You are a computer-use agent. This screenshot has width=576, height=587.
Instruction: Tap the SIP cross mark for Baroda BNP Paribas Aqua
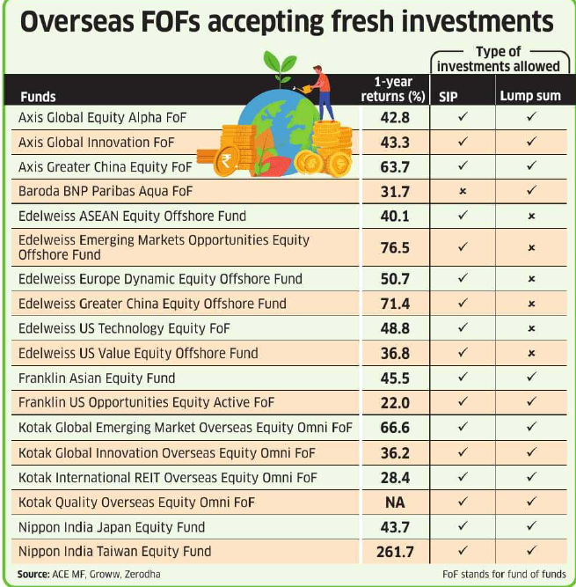(463, 191)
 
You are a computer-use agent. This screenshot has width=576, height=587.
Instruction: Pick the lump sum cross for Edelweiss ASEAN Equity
(530, 216)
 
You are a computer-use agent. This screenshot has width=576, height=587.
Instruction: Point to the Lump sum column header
(530, 97)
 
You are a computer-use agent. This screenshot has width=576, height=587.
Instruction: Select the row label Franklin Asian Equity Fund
(97, 378)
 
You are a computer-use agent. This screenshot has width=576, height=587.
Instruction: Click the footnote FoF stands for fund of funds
(505, 574)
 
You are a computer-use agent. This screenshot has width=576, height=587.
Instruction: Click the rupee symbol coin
(227, 161)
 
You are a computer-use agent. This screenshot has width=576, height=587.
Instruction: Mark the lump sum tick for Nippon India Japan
(530, 527)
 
